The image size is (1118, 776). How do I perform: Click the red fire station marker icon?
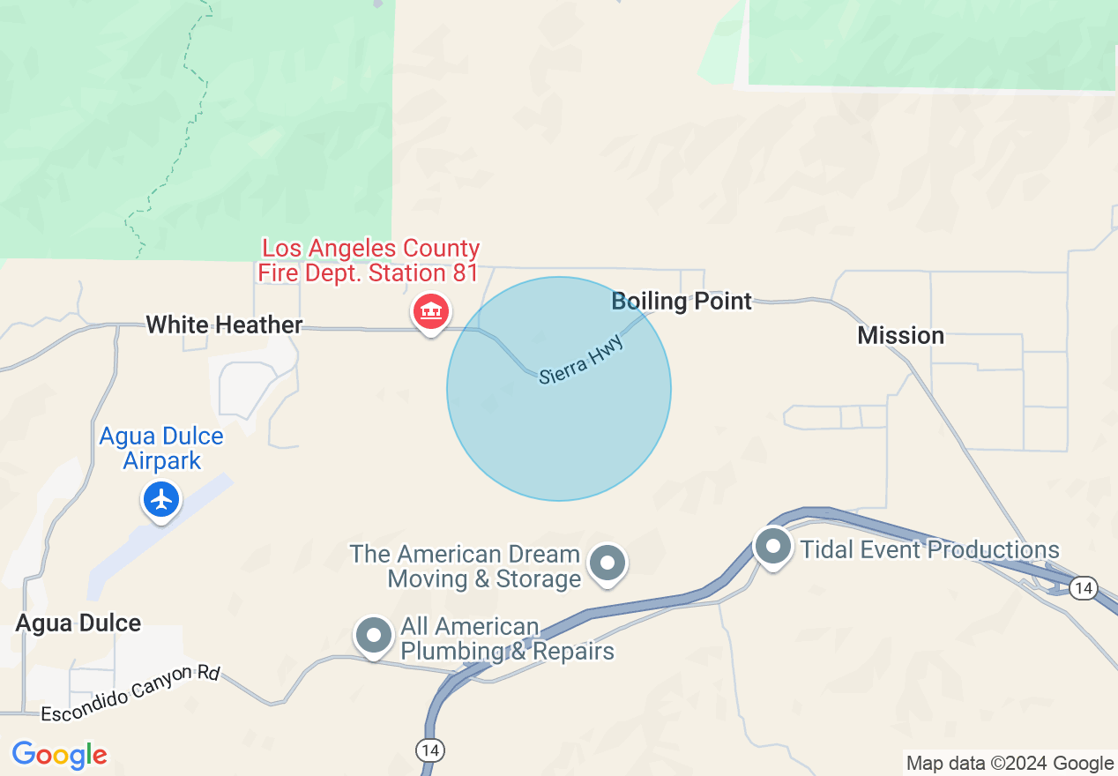click(x=430, y=311)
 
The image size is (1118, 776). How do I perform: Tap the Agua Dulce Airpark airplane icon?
click(x=161, y=500)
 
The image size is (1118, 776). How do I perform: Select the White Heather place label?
click(x=224, y=325)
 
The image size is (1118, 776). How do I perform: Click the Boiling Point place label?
click(x=682, y=302)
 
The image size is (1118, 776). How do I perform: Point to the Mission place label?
click(x=900, y=335)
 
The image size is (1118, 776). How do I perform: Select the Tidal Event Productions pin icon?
click(x=773, y=546)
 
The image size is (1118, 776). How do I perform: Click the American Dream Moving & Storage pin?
click(x=607, y=561)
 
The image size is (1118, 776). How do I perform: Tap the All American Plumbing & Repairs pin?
click(x=373, y=635)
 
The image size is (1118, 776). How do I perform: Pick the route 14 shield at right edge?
click(x=1084, y=587)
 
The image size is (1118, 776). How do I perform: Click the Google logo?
click(x=59, y=756)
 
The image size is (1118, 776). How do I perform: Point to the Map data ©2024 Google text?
click(x=1010, y=764)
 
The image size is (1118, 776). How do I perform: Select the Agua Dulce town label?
click(x=78, y=623)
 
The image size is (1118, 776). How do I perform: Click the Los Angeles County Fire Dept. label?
click(x=369, y=260)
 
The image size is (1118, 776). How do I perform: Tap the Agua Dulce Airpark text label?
click(x=161, y=448)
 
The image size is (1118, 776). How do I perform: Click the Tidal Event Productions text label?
click(x=929, y=549)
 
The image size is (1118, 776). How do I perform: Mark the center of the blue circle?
click(x=559, y=389)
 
